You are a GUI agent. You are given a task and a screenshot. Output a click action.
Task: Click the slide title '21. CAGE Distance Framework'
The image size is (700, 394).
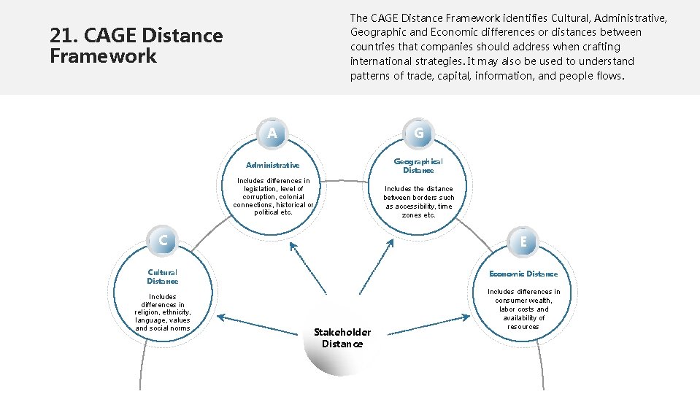tap(136, 45)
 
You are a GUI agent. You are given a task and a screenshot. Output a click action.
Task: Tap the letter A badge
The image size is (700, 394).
tap(272, 134)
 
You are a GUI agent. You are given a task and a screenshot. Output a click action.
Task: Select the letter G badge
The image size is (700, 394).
tap(419, 134)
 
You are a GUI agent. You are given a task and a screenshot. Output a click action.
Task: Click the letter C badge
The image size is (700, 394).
tap(163, 240)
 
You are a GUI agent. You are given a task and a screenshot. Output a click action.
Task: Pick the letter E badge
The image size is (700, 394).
tap(523, 242)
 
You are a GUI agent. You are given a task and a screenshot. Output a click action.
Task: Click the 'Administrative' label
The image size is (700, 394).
tap(272, 166)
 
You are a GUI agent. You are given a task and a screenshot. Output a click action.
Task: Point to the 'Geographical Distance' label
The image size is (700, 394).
tap(418, 166)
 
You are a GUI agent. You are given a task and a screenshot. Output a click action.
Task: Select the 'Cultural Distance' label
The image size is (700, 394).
tap(162, 277)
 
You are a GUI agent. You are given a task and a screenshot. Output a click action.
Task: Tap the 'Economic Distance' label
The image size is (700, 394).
tap(523, 274)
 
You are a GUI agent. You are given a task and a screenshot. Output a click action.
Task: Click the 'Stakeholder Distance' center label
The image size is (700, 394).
tap(342, 338)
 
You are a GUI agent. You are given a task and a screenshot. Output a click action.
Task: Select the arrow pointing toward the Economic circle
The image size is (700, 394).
tap(428, 325)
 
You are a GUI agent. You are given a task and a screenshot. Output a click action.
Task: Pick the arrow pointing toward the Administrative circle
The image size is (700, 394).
tap(308, 267)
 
